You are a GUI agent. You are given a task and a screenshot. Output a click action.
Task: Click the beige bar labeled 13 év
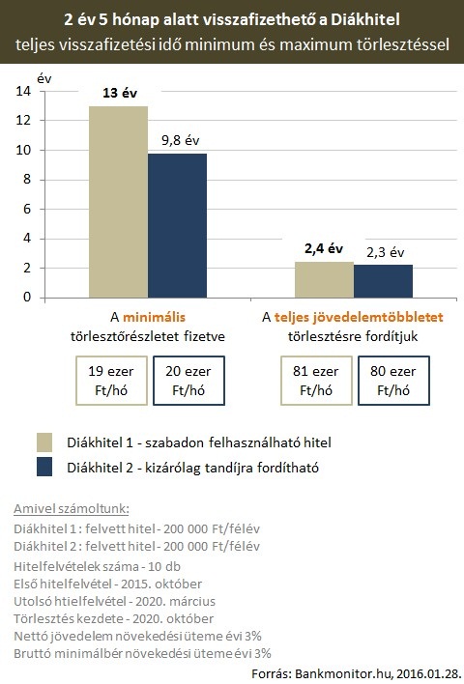coord(118,202)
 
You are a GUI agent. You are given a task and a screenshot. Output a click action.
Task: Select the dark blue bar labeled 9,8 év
coord(177,225)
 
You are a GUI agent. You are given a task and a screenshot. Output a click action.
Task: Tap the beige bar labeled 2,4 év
coord(325,280)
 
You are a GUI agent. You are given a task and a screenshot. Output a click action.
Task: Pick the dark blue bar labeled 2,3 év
coord(383,281)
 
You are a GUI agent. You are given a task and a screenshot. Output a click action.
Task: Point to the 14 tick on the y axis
coord(23,91)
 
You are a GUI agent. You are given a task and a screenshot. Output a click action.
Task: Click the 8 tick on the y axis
coord(27,180)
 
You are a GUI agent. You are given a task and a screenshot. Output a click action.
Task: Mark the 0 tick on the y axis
coord(27,297)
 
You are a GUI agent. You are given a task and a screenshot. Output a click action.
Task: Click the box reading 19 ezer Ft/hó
coord(111,381)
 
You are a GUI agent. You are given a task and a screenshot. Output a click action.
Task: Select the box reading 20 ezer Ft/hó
coord(188,381)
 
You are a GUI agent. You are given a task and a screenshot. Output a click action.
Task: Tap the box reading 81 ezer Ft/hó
coord(316,381)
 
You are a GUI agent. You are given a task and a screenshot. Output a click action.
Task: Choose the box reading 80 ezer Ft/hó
coord(393,381)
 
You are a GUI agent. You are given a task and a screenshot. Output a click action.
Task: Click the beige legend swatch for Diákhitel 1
coord(44,442)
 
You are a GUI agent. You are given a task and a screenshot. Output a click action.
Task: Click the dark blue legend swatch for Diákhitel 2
coord(44,467)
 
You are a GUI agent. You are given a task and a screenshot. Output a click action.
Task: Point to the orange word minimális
coord(154,317)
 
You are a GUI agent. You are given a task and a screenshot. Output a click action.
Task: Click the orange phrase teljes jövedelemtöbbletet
coord(359,317)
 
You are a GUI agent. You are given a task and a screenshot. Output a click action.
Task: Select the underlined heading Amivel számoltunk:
coord(72,508)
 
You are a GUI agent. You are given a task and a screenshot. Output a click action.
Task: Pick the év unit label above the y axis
coord(44,78)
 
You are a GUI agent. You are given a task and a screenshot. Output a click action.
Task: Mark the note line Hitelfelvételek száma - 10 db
coord(97,566)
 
